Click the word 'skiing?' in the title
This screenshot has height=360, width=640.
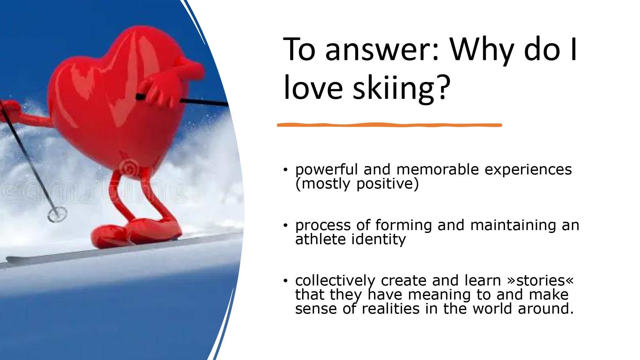(402, 88)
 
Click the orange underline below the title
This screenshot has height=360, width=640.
(389, 125)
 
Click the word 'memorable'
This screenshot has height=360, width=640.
(438, 169)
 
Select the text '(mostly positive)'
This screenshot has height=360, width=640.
(357, 184)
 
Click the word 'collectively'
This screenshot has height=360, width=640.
(335, 281)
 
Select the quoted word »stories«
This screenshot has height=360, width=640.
(540, 281)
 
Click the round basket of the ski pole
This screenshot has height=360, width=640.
(57, 214)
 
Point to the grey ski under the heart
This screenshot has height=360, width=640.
(122, 250)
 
